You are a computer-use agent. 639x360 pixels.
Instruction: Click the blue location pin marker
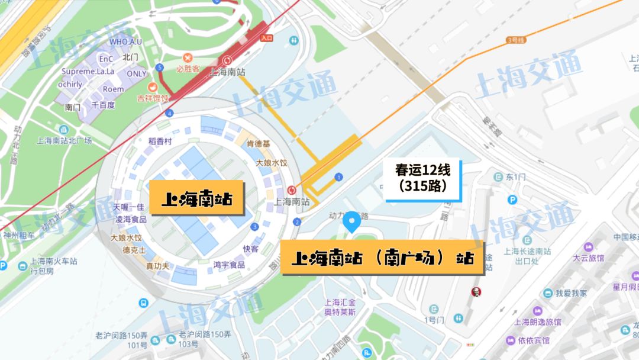coord(352,222)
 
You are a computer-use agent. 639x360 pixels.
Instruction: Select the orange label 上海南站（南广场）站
coord(382,258)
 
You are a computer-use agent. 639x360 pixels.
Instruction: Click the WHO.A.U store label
coord(126,42)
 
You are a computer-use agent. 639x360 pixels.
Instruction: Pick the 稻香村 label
coord(160,141)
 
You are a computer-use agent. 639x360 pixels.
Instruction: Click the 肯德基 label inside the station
coord(259,144)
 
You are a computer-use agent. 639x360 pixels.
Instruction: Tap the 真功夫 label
coord(158,266)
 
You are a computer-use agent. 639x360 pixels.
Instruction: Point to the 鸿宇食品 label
coord(229,265)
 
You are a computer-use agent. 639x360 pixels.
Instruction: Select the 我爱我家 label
coord(571,292)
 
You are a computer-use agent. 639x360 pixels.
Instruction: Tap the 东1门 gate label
coord(515,177)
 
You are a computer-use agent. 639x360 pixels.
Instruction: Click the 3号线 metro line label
coord(516,40)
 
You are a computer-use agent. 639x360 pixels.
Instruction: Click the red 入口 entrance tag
coord(266,38)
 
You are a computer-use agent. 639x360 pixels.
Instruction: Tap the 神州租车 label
coord(19,234)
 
